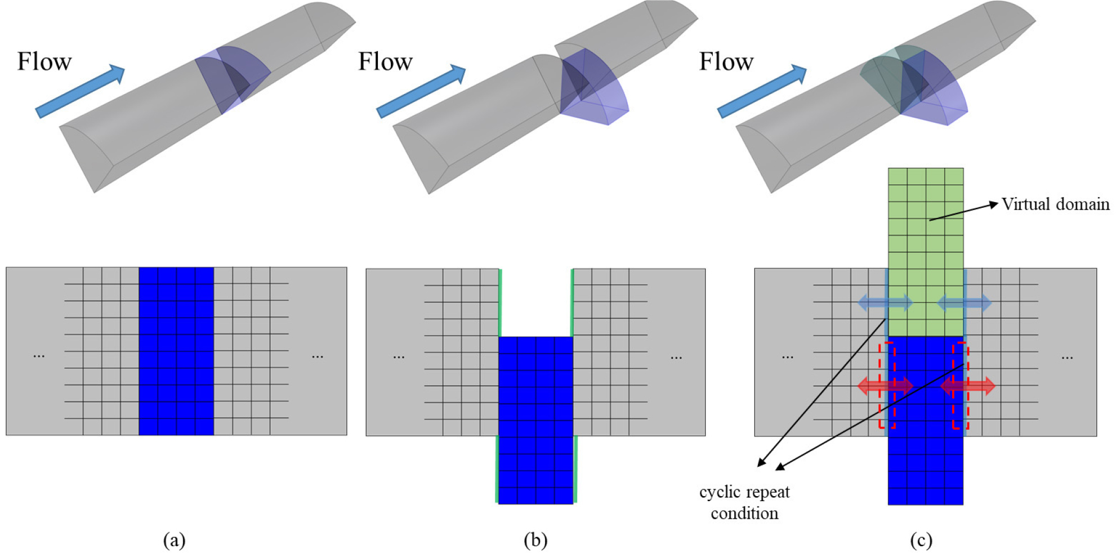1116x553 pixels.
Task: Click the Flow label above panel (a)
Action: click(x=44, y=61)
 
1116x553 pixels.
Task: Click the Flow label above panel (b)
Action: click(x=385, y=61)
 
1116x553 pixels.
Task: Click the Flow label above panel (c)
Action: click(x=726, y=61)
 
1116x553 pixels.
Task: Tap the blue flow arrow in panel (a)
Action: click(x=80, y=91)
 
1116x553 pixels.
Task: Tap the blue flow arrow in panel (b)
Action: click(x=421, y=91)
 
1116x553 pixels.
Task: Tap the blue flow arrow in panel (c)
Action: click(x=762, y=91)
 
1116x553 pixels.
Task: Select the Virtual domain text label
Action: click(x=1055, y=204)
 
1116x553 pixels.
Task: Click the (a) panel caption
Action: click(x=174, y=540)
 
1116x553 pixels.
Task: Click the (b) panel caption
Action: click(x=535, y=540)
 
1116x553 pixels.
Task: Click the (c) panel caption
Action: click(x=921, y=540)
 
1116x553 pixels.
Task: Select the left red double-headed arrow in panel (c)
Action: click(x=885, y=386)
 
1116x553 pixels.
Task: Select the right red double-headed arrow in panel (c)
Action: click(x=968, y=386)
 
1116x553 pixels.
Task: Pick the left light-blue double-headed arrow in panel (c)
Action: click(x=885, y=303)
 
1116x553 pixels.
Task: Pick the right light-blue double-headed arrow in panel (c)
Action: click(x=964, y=303)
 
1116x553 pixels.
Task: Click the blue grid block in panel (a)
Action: click(x=176, y=351)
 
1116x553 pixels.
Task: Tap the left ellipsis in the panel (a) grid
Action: click(x=39, y=356)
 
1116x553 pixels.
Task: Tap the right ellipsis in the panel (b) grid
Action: click(x=676, y=357)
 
